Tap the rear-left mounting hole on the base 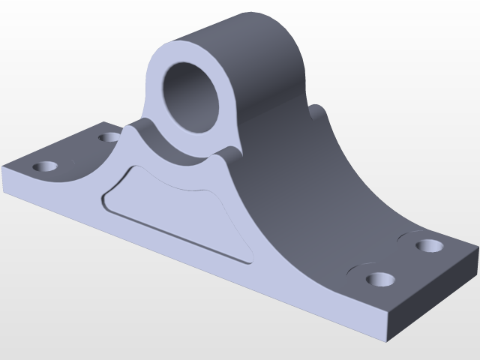109,138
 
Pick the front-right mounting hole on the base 380,280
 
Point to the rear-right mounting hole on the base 429,245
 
